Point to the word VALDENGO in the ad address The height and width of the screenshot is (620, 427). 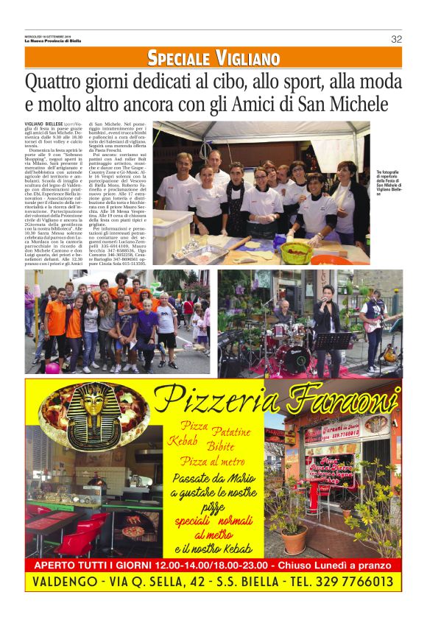pyautogui.click(x=65, y=582)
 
